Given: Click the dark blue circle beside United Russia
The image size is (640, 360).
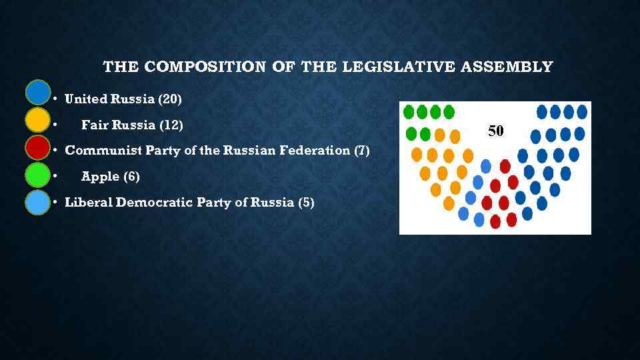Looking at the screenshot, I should [x=38, y=92].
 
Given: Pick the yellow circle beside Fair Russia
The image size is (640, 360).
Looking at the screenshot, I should [x=38, y=120].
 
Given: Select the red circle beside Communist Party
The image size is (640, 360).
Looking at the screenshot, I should [x=38, y=147].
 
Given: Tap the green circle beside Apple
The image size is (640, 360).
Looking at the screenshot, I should [x=38, y=175].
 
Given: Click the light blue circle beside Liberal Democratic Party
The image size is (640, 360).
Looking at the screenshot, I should [x=38, y=202].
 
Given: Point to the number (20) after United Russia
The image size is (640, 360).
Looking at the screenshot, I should [x=169, y=99].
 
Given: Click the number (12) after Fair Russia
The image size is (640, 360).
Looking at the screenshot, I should [x=171, y=125].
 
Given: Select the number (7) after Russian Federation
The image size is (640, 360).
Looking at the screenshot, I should [x=362, y=151].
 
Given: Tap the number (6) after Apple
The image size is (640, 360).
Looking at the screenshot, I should [x=131, y=177].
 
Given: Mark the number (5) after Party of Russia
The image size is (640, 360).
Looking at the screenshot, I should [x=306, y=203].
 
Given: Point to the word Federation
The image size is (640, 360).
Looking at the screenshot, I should [x=318, y=151].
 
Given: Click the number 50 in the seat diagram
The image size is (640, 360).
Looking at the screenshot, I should [x=495, y=131].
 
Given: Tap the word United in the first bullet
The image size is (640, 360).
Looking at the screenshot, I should [x=86, y=99].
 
